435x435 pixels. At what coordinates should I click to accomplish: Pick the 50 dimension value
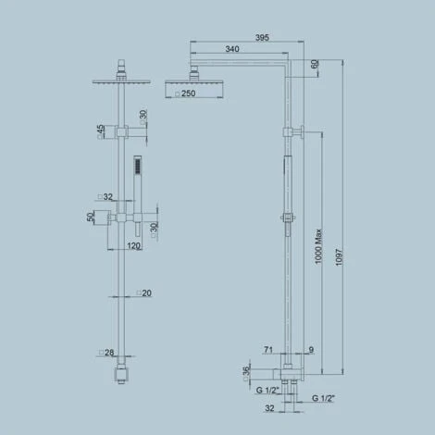point(91,217)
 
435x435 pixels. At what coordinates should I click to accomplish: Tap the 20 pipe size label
point(146,293)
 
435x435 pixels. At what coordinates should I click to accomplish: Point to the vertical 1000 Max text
point(318,249)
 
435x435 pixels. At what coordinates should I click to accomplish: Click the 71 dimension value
point(268,351)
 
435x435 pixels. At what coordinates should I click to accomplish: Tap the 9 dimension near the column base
point(311,351)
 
